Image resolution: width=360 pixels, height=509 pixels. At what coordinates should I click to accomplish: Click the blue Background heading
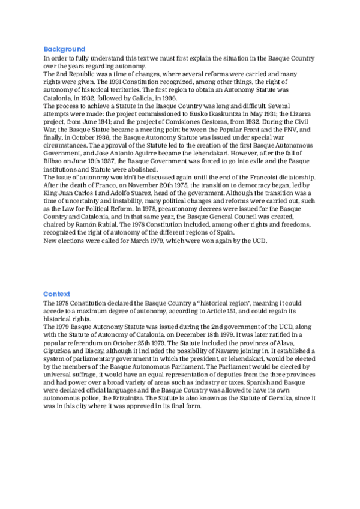tap(64, 49)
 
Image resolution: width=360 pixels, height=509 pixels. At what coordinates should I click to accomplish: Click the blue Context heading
tap(57, 294)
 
